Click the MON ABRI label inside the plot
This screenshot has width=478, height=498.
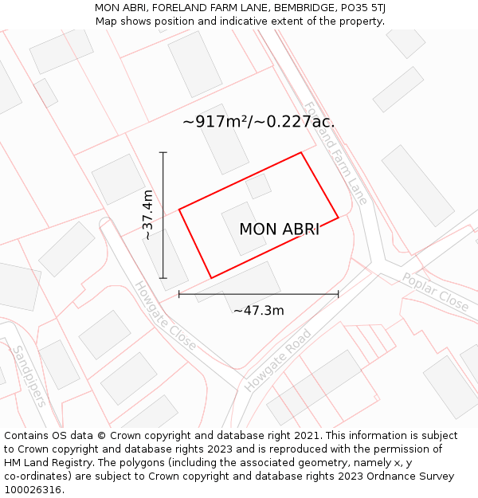(279, 229)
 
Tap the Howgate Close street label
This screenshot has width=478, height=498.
(165, 316)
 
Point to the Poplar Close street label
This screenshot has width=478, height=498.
(435, 292)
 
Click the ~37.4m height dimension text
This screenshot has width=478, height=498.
(147, 215)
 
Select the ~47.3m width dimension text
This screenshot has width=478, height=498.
(258, 311)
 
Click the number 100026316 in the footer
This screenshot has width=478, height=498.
(33, 490)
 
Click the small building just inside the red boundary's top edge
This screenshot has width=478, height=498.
(258, 186)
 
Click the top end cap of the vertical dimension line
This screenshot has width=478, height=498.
(163, 152)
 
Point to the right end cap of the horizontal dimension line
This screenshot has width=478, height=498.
(339, 294)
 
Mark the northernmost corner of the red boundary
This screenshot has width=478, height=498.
(301, 153)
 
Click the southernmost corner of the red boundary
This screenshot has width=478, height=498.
(211, 278)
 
